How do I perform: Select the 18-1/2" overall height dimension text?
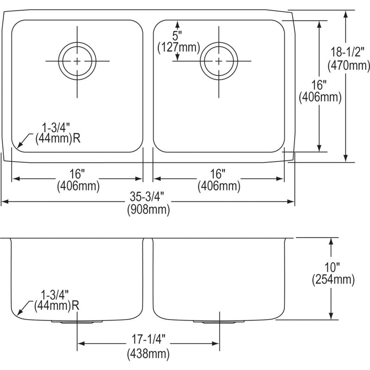coord(345,52)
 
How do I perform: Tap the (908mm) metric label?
coord(148,209)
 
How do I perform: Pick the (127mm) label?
coord(179,48)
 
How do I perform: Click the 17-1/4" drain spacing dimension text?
coord(148,339)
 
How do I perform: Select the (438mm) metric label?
coord(148,354)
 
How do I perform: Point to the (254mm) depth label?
coord(333,280)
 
